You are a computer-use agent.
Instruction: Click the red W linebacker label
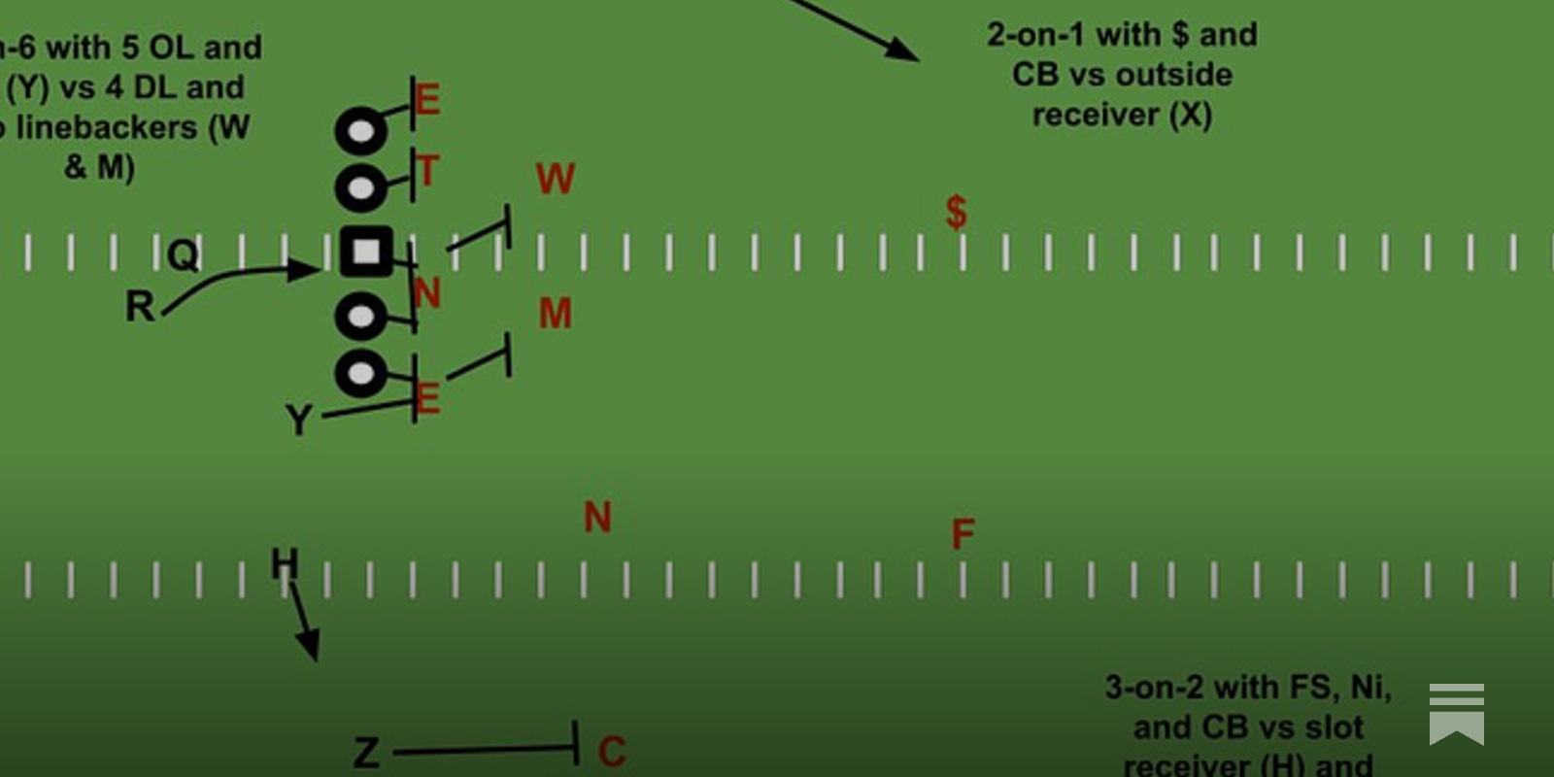(x=556, y=180)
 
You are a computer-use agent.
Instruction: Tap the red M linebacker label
(x=556, y=314)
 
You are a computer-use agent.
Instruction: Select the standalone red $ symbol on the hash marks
(x=957, y=212)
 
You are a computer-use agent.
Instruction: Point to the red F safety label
(x=963, y=534)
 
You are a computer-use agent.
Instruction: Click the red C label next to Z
(x=612, y=751)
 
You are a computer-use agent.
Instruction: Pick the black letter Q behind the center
(x=183, y=256)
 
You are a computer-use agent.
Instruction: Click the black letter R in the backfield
(x=140, y=307)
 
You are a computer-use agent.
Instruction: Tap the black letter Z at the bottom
(x=366, y=753)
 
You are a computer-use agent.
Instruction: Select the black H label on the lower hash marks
(x=285, y=563)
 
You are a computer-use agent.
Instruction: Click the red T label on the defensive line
(x=427, y=172)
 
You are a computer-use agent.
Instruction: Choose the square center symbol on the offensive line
(x=366, y=253)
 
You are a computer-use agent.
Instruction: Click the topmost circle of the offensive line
(x=360, y=130)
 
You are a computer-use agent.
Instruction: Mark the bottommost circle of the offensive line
(x=360, y=373)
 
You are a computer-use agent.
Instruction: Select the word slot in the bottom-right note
(x=1334, y=726)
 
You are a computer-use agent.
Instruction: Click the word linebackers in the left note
(x=107, y=127)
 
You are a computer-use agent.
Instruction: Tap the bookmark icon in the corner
(x=1456, y=714)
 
